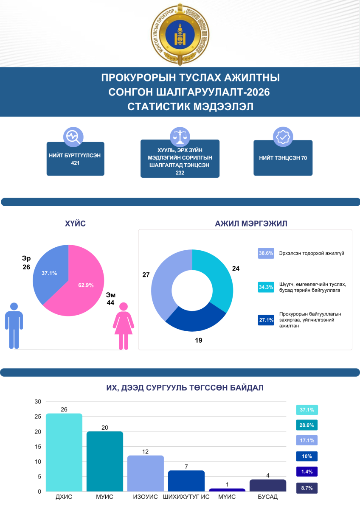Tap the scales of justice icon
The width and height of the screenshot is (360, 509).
180,137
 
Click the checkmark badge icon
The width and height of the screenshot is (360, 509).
283,137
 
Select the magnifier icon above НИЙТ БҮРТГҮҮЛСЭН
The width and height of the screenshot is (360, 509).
73,137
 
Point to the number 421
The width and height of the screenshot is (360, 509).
76,162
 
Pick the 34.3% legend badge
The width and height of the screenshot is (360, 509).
266,287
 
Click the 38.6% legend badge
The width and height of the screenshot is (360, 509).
266,253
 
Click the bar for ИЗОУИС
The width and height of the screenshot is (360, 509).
146,473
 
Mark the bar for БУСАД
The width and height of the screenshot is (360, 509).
268,485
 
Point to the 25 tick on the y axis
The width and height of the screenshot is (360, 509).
38,417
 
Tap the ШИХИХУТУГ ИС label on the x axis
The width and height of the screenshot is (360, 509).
186,497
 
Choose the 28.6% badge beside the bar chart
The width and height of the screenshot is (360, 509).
307,425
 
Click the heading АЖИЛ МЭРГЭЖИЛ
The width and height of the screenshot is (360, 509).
245,224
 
